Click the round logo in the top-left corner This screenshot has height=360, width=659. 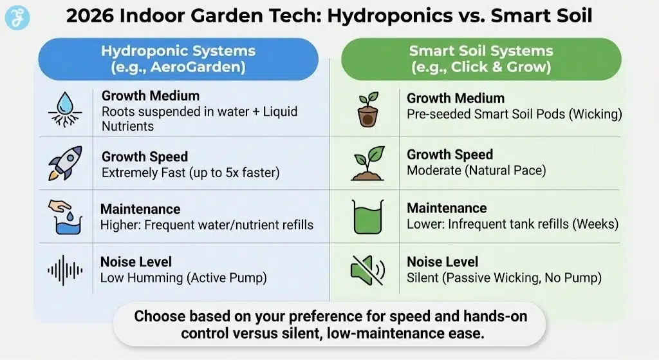tap(17, 17)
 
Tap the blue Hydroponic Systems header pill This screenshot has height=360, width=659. tap(178, 59)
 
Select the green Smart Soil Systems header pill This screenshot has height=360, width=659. tap(481, 59)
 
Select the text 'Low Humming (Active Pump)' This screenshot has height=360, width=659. tap(183, 278)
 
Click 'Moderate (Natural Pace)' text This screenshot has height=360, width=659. tap(476, 171)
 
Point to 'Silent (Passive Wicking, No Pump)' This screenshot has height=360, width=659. tap(504, 278)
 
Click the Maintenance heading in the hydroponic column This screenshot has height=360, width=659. tap(140, 209)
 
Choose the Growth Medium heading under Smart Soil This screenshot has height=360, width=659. tap(455, 99)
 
